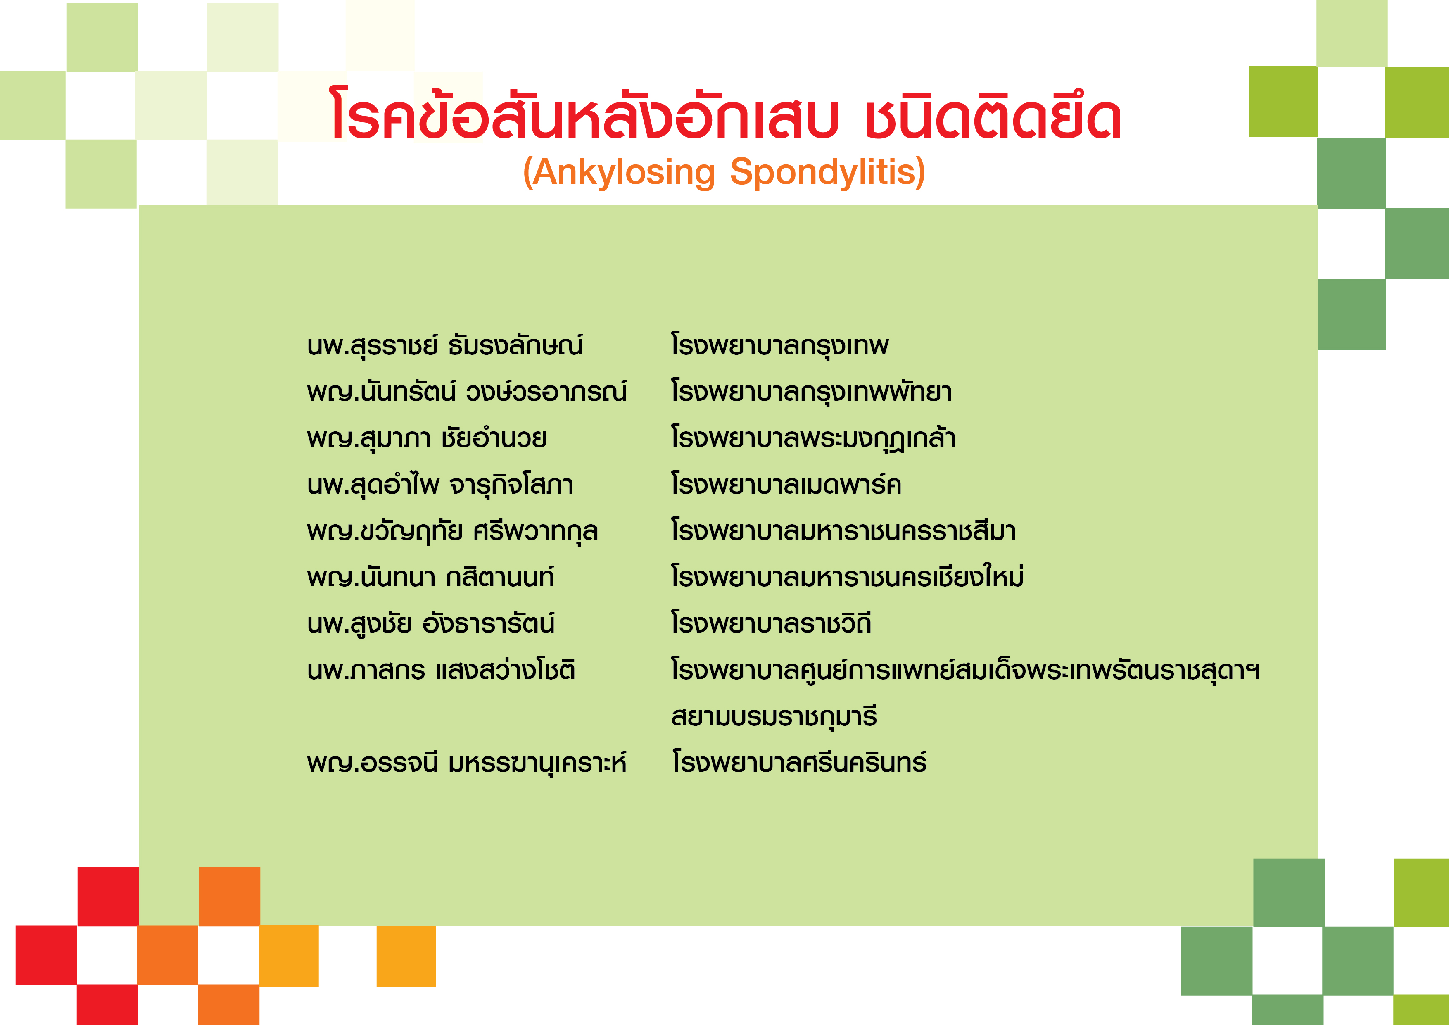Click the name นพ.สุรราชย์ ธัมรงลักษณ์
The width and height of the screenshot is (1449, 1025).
(x=445, y=345)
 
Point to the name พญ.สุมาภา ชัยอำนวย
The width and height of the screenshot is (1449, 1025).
(x=427, y=438)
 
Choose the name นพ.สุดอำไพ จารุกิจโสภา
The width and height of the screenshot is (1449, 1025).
(x=440, y=485)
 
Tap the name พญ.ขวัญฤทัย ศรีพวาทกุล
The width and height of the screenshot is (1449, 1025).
(x=452, y=531)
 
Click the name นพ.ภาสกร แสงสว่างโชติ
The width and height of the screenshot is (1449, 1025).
(x=441, y=670)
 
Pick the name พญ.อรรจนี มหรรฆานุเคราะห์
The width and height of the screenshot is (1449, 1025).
(x=467, y=762)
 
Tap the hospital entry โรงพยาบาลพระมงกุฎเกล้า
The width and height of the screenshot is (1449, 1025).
(x=813, y=438)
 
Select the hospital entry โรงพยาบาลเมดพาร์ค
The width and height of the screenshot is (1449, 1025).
(x=786, y=484)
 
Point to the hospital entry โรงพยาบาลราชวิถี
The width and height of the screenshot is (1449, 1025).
(x=771, y=623)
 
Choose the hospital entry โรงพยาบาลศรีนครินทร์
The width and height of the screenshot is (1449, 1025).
(x=799, y=762)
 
